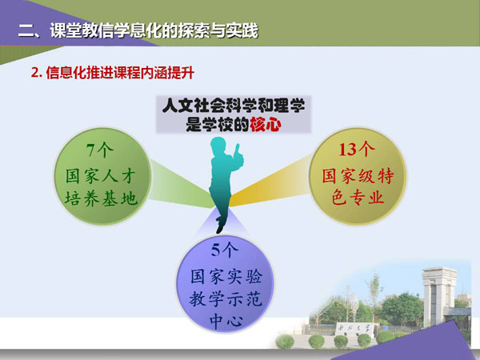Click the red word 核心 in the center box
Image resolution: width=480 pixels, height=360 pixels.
coord(265,125)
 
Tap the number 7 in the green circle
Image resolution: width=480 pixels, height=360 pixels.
coord(91,150)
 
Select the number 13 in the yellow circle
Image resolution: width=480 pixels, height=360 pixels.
coord(348,150)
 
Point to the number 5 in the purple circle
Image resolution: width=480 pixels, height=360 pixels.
coord(215,250)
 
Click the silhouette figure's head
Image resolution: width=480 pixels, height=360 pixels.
coord(218,145)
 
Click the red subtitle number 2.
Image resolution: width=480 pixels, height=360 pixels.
coord(35,73)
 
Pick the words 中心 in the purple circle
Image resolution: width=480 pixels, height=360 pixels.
coord(226,321)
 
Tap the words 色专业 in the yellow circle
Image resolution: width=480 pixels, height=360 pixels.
coord(358,197)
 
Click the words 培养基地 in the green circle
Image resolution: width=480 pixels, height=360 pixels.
coord(101,198)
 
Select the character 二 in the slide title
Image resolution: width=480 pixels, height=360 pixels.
coord(26,31)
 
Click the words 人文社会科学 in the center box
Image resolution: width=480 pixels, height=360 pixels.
coord(208,106)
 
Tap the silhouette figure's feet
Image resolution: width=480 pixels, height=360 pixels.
coord(220,225)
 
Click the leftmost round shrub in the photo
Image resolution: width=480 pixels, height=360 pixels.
coord(285,342)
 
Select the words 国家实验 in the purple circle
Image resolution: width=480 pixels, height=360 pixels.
coord(226,276)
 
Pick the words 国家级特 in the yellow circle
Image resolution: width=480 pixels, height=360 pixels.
coord(358,175)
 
